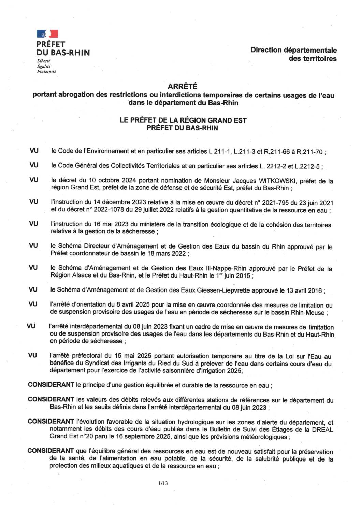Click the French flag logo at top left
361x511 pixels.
[47, 33]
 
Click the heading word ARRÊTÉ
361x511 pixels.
[183, 87]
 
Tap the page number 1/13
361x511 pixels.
[163, 483]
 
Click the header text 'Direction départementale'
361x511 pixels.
[293, 50]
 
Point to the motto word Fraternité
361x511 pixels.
[46, 72]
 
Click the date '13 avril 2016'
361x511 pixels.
[305, 290]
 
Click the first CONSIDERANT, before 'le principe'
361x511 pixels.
[51, 385]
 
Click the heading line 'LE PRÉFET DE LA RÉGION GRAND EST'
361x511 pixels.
[183, 120]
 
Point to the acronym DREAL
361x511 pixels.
[322, 430]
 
